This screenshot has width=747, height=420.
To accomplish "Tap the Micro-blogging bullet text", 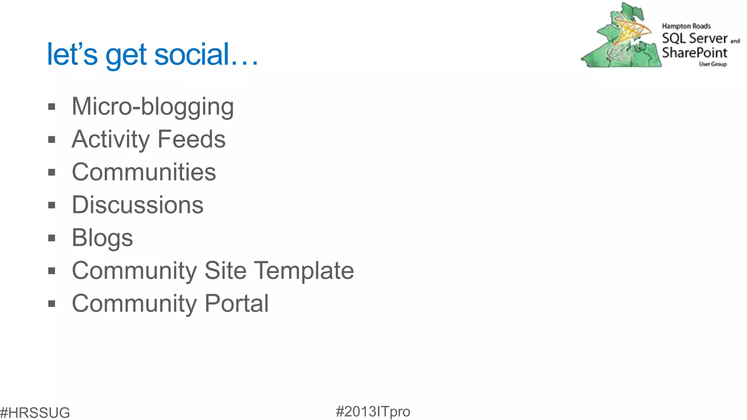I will tap(153, 106).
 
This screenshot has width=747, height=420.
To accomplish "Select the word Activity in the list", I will tap(111, 139).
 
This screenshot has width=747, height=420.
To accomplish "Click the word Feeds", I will tap(191, 139).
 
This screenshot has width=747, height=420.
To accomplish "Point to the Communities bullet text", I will tap(144, 172).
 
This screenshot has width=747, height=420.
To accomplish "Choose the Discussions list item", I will tap(138, 205).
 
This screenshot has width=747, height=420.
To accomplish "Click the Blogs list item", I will tap(102, 238).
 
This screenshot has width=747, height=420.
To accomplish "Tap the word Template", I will tap(304, 271).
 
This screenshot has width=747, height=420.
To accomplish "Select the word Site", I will tap(225, 271).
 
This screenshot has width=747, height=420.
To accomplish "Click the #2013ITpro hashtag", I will tap(373, 412).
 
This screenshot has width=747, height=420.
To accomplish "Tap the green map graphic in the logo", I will tap(620, 40).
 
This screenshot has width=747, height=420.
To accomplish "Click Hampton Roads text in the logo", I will tap(686, 26).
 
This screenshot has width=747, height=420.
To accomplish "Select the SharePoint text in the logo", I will tap(694, 53).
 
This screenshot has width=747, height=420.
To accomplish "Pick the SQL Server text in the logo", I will tap(694, 38).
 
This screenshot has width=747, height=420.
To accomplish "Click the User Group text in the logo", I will tap(713, 64).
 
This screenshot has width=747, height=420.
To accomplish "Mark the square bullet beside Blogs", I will tap(52, 238).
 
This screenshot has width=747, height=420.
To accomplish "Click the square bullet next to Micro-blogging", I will tap(52, 107).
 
